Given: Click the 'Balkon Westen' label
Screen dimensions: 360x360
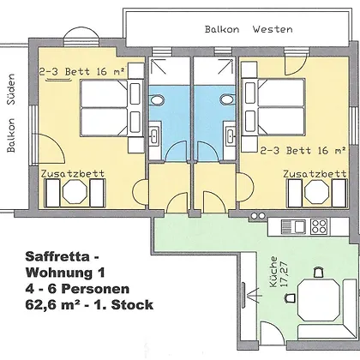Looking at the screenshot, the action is click(249, 29).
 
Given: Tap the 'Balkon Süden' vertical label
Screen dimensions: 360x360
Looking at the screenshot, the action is click(11, 113).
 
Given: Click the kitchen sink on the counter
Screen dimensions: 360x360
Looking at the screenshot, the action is click(293, 227).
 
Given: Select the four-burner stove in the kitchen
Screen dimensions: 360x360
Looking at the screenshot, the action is click(319, 227).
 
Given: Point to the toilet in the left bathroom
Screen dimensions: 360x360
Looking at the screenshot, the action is click(157, 100).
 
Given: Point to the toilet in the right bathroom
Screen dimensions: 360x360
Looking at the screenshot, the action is click(226, 100).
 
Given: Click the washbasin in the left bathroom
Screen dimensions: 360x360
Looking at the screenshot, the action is click(154, 136).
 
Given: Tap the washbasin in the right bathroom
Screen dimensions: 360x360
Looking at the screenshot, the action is click(230, 136).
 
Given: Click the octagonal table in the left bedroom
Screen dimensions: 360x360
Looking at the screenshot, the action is click(75, 192).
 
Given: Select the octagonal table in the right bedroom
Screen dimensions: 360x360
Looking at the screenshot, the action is click(317, 192).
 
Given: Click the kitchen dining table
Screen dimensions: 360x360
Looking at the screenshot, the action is click(319, 300).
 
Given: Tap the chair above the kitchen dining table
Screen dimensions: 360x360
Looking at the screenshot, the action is click(319, 272).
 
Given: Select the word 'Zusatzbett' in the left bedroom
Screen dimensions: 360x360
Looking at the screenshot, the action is click(73, 173).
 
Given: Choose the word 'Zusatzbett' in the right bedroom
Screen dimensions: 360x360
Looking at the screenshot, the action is click(315, 173).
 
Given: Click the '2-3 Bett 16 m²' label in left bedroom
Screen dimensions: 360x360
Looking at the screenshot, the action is click(81, 71).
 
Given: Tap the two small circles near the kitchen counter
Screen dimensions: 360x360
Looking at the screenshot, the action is click(258, 216).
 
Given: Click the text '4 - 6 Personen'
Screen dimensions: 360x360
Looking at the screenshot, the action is click(77, 289).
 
